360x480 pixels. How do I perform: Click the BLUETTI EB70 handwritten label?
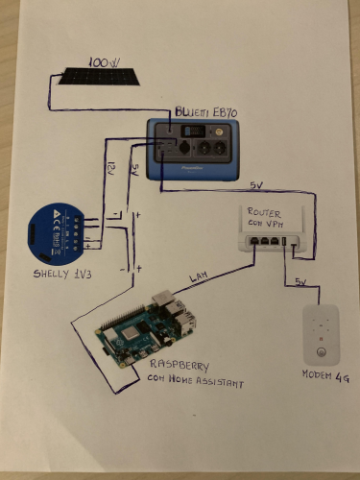point(205,112)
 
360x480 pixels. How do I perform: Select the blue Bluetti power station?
point(193,148)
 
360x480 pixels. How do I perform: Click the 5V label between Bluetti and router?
point(253,183)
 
